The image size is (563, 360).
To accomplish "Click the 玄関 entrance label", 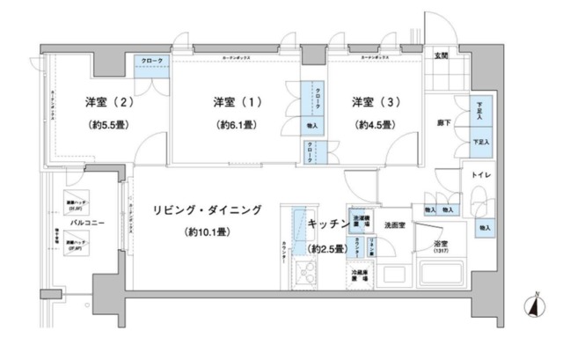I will (x=441, y=56).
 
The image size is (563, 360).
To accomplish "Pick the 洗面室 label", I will (x=393, y=225).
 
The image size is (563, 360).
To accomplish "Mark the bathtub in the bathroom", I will (x=440, y=275).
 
